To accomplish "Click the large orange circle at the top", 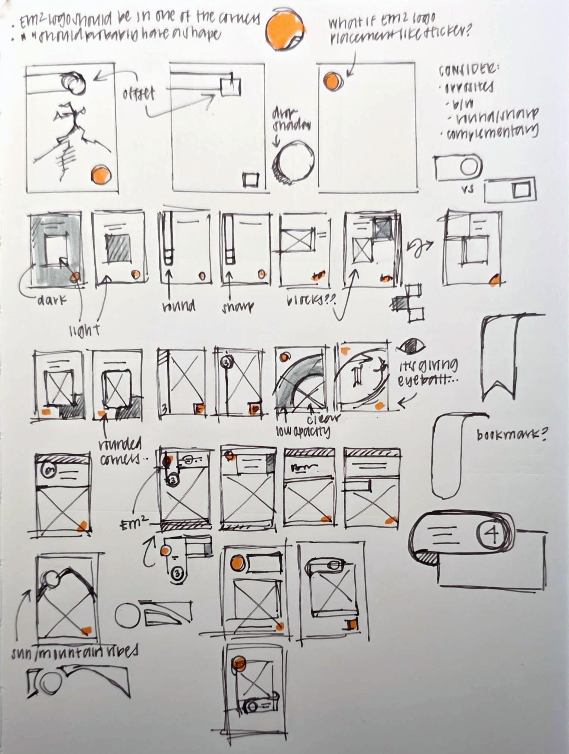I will pyautogui.click(x=285, y=30).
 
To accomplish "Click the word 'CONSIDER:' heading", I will pyautogui.click(x=469, y=70).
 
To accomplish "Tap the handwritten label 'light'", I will pyautogui.click(x=85, y=329).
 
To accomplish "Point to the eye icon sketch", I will pyautogui.click(x=411, y=347).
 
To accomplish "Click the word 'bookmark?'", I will pyautogui.click(x=511, y=435).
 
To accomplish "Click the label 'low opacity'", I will pyautogui.click(x=303, y=431).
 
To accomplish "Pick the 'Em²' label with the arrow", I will pyautogui.click(x=133, y=525).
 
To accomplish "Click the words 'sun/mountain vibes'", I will pyautogui.click(x=74, y=651).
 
